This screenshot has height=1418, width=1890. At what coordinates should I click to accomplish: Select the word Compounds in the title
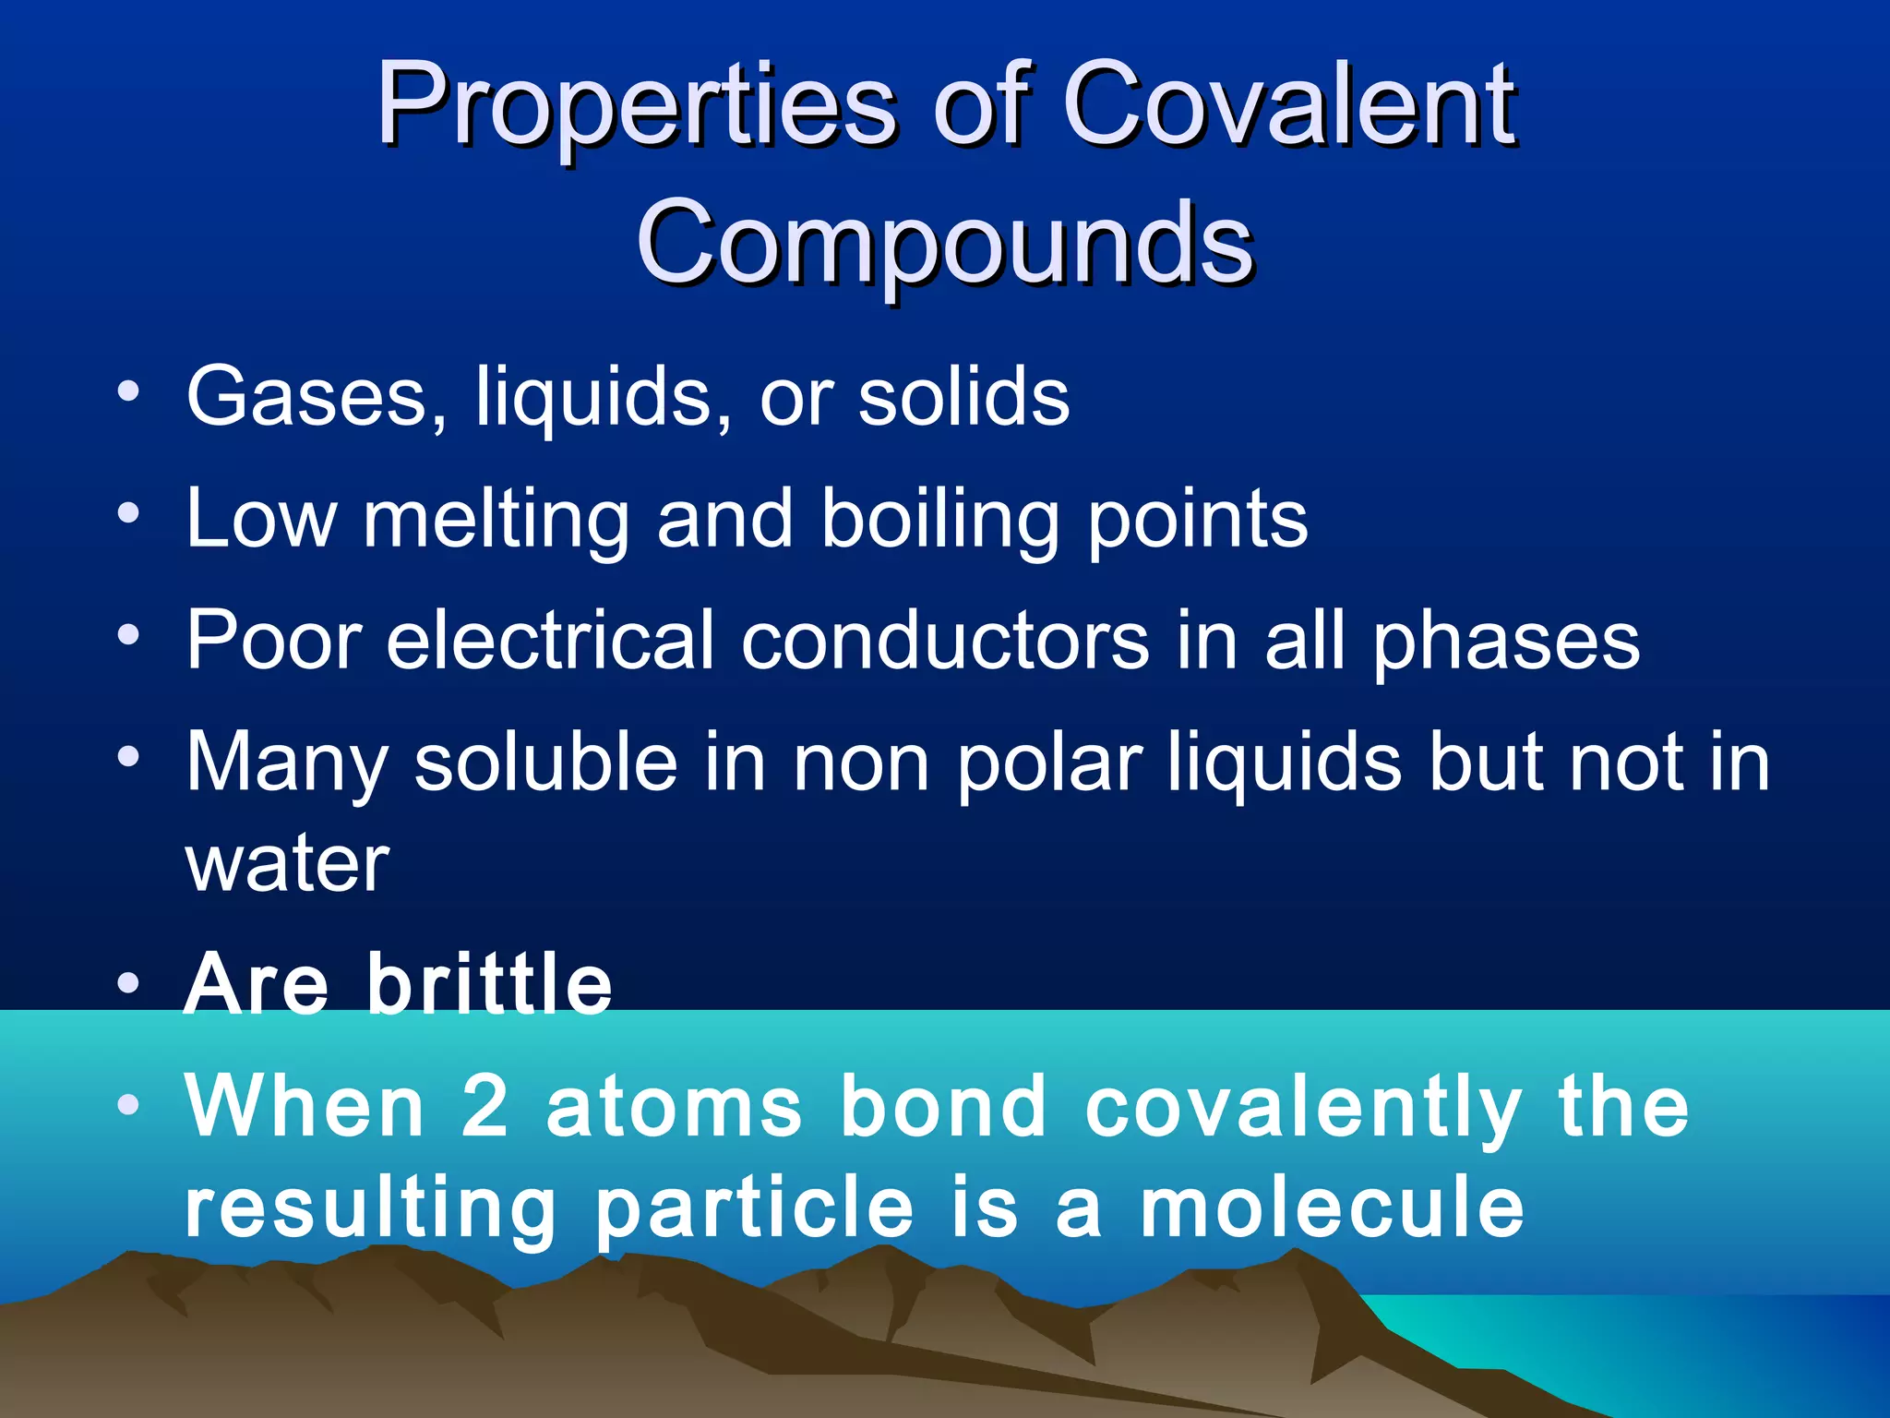click(x=945, y=242)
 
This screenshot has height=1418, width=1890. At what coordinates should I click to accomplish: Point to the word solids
click(x=963, y=397)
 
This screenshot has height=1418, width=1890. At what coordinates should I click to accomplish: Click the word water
click(x=288, y=865)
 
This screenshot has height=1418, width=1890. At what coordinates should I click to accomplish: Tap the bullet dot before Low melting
click(x=129, y=512)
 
